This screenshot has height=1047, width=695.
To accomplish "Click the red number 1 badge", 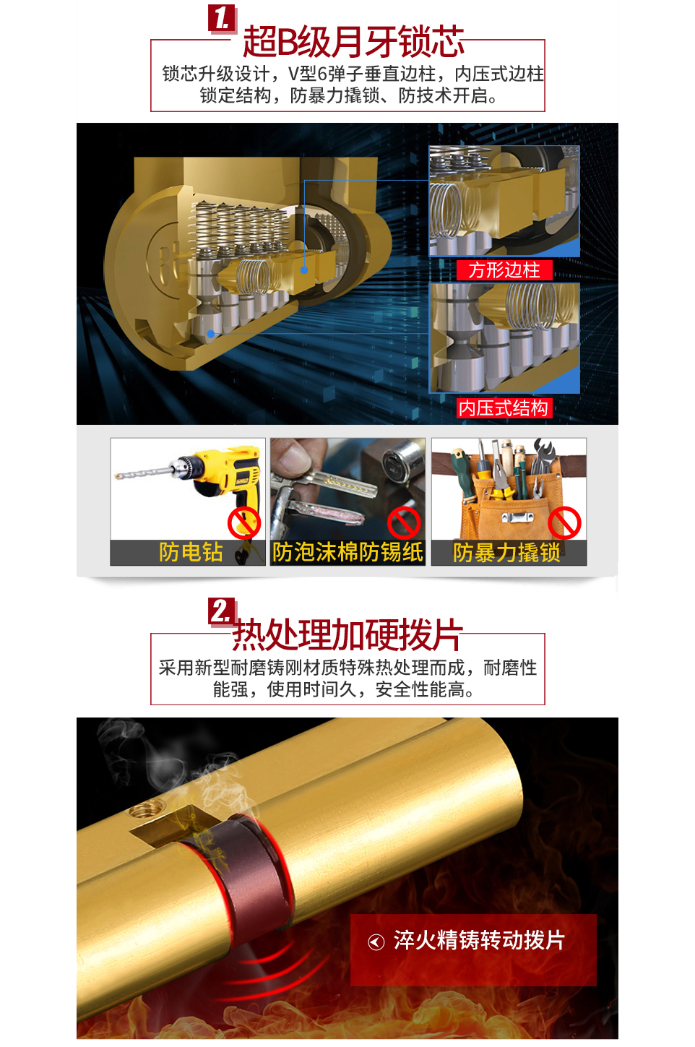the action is tap(222, 19).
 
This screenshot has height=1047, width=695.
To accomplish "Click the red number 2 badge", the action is tap(222, 612).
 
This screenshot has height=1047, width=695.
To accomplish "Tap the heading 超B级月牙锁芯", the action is tap(353, 42).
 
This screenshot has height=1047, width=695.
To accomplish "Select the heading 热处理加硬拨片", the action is tap(347, 634).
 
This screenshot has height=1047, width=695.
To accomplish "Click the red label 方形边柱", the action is tap(504, 270).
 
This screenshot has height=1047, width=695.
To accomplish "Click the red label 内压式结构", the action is tap(504, 408).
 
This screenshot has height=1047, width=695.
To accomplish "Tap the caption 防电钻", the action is tap(191, 552).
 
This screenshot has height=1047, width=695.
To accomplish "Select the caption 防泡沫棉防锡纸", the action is tap(347, 552).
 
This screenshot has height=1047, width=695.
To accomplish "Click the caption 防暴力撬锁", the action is tap(506, 553).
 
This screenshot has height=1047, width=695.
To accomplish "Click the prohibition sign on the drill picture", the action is tap(244, 523).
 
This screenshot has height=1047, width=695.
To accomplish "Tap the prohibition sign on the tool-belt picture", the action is tap(565, 523).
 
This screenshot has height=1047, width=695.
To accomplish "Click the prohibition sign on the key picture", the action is tap(404, 523).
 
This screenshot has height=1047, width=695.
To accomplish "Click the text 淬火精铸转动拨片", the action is tap(479, 940).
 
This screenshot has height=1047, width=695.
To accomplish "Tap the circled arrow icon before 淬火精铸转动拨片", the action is tap(376, 942).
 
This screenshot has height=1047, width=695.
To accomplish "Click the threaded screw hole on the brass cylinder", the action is tap(147, 807).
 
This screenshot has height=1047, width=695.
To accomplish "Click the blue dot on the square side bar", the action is tap(304, 270).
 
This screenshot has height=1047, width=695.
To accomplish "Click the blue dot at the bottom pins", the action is tap(211, 334).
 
